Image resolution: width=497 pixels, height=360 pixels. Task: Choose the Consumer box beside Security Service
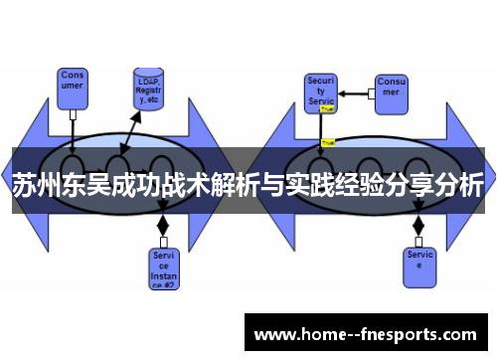tap(391, 90)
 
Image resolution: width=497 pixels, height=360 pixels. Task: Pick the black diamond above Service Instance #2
tap(164, 226)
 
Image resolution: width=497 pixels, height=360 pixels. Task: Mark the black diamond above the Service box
tap(418, 226)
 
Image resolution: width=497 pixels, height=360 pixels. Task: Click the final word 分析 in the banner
tap(458, 186)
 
